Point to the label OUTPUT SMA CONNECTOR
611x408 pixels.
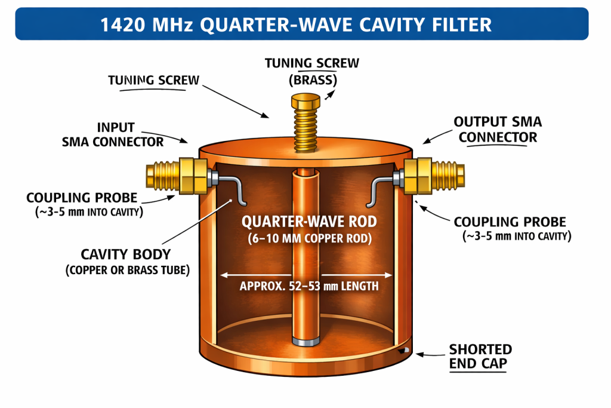point(498,129)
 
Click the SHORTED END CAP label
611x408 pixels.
point(480,356)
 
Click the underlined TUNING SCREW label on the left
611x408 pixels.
point(153,80)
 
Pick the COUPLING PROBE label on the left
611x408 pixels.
point(82,198)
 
